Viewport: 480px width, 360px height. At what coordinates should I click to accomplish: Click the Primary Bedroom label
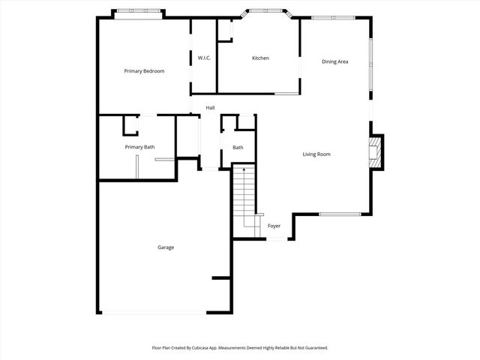point(144,71)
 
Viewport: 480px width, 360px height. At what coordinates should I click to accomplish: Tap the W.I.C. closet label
point(203,58)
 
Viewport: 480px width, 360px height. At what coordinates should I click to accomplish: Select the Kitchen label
point(260,58)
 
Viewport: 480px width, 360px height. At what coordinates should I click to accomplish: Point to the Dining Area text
point(334,61)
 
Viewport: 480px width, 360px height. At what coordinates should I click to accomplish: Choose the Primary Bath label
point(139,147)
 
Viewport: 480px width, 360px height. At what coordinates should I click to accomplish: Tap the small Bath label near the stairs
point(238,148)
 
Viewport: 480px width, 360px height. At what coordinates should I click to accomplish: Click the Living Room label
point(316,154)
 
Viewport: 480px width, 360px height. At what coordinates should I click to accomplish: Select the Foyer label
point(274,226)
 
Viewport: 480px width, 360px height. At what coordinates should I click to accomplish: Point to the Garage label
point(166,247)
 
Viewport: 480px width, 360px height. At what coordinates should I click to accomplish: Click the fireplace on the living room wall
point(376,152)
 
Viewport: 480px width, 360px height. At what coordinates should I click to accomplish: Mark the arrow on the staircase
point(244,175)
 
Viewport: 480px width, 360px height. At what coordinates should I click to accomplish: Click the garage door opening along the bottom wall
point(155,313)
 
